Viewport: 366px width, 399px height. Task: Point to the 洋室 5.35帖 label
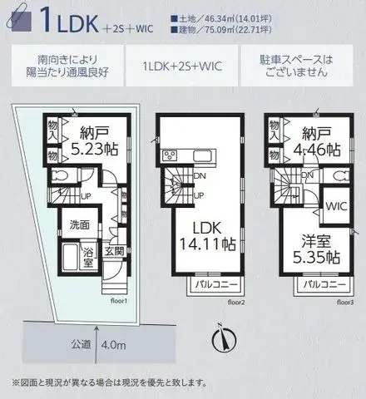312,249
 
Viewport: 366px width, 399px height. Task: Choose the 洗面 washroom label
81,224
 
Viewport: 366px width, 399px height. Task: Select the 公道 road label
79,344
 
